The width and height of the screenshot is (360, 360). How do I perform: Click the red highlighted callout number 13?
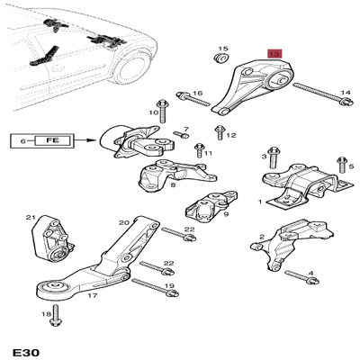[x=274, y=54]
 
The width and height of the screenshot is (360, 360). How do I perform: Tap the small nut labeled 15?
[x=219, y=61]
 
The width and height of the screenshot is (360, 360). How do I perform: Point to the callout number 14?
[x=346, y=93]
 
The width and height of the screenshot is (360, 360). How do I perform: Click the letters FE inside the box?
[x=51, y=140]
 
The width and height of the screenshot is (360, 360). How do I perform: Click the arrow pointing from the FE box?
[x=85, y=140]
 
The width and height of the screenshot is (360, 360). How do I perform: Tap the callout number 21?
[x=31, y=218]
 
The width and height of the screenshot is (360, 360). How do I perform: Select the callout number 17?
[x=91, y=294]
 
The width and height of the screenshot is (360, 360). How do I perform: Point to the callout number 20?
[x=123, y=222]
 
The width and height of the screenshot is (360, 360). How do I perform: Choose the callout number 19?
[x=168, y=286]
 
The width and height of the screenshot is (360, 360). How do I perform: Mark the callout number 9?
[x=225, y=215]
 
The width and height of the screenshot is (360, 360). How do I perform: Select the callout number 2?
[x=261, y=238]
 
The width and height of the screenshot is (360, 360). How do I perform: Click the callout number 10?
[x=153, y=112]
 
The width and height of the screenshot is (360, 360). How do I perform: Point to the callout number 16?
[x=198, y=93]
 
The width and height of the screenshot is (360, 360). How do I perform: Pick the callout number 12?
[x=231, y=136]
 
